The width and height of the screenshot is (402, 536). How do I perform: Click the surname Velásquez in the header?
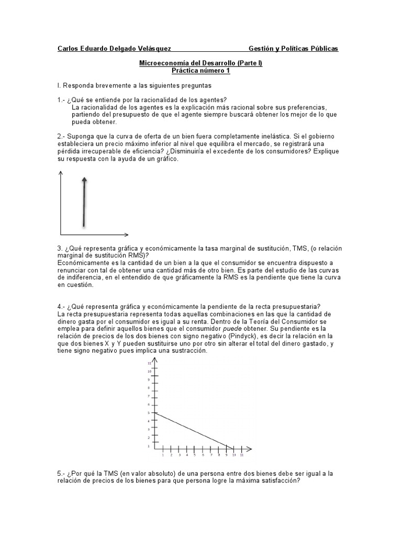(151, 49)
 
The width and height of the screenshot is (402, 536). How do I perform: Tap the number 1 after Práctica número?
(228, 71)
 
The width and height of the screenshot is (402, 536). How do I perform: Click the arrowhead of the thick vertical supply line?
(84, 180)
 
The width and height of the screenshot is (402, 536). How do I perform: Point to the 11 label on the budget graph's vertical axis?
(149, 363)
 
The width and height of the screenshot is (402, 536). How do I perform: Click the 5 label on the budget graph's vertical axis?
(149, 414)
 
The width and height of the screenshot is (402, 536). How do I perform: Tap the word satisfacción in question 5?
(279, 481)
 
